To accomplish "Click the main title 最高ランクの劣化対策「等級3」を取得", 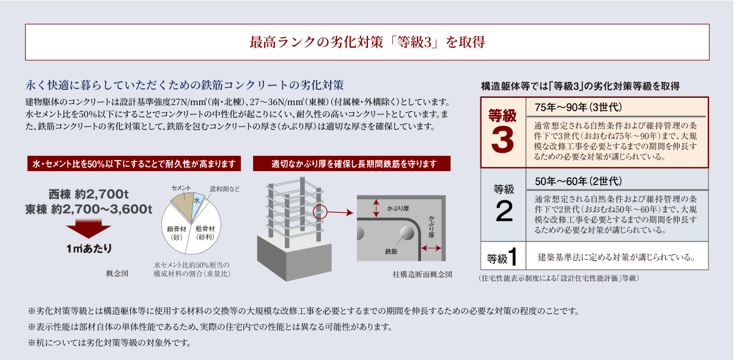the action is [x=367, y=42].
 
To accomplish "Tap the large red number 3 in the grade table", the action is [x=502, y=140].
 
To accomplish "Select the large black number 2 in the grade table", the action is [x=504, y=211].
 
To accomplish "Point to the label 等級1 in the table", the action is [x=502, y=257].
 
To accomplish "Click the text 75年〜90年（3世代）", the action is [x=578, y=107].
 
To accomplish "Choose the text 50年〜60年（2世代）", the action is [x=578, y=181].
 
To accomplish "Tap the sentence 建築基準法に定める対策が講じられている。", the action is [x=617, y=257].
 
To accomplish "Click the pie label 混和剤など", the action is [x=224, y=189].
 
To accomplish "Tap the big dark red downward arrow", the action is [x=89, y=229].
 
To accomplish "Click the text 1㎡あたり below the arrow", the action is [x=89, y=249].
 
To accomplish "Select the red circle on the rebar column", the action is [x=320, y=211].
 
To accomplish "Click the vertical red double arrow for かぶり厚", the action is [x=376, y=208].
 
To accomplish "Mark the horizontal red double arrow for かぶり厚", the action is [x=431, y=248].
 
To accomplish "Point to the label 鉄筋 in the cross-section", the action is [x=391, y=252].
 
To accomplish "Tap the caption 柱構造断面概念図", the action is [x=422, y=274].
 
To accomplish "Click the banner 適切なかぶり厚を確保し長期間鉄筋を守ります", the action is [x=351, y=164].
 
